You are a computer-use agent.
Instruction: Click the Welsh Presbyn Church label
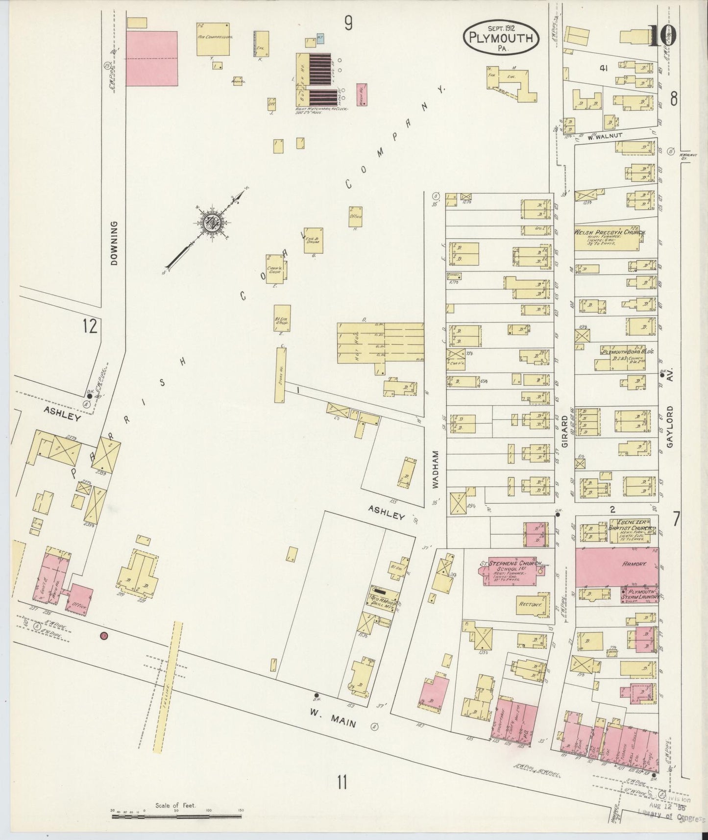point(609,233)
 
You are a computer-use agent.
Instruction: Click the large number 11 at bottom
point(342,782)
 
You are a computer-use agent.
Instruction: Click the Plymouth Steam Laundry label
point(639,593)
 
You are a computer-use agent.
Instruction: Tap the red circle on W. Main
point(103,636)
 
